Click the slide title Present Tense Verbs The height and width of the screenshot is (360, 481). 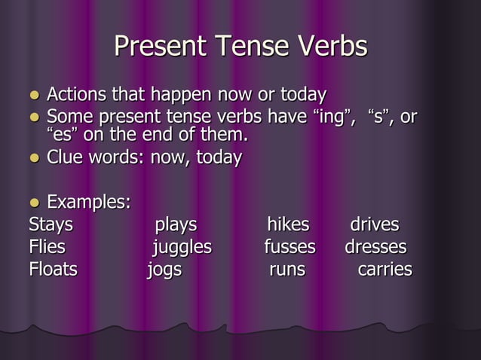coord(240,47)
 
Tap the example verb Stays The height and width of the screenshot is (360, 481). coord(51,225)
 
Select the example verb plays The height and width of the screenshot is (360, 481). coord(176,225)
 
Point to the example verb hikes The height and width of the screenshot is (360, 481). coord(288,225)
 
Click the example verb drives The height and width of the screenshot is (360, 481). coord(375,225)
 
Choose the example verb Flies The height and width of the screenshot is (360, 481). coord(47,247)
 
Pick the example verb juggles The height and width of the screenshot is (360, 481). coord(182,248)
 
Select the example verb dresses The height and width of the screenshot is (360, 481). coord(375,247)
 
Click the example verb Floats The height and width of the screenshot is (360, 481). coord(53,269)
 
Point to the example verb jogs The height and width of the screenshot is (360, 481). coord(164,270)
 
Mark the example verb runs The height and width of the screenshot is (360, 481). coord(287,270)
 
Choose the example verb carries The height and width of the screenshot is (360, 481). coord(384,269)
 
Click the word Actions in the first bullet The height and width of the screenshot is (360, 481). coord(77,96)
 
